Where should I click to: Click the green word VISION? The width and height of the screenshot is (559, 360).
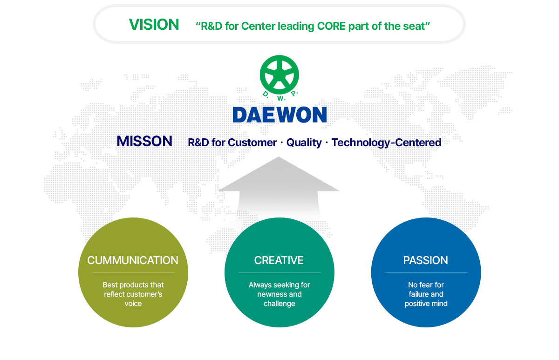coord(154,25)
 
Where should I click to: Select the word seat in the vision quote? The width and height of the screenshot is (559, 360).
coord(413,26)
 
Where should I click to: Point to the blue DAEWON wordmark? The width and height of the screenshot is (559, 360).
coord(279,115)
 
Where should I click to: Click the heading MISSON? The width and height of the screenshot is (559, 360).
coord(144,142)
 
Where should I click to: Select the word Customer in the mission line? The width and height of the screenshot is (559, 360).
coord(252,143)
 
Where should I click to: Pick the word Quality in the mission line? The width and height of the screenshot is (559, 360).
coord(304,143)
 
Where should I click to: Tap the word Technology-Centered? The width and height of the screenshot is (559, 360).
coord(386,143)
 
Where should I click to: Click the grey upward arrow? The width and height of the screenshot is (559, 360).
coord(279,186)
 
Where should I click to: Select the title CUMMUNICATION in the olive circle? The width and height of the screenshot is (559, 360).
coord(133,260)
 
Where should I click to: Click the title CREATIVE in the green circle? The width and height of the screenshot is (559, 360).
coord(279,260)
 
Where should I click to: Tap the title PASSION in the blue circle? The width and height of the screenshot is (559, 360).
coord(426,260)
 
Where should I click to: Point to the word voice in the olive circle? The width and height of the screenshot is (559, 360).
coord(133,304)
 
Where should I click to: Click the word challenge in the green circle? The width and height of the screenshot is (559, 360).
coord(279,304)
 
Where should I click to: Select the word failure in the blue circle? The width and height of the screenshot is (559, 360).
coord(419,294)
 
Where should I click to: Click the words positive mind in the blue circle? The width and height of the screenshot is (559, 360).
coord(426,304)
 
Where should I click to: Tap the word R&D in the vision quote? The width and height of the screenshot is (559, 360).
coord(212,26)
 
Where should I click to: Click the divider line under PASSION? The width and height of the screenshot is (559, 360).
coord(426,273)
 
